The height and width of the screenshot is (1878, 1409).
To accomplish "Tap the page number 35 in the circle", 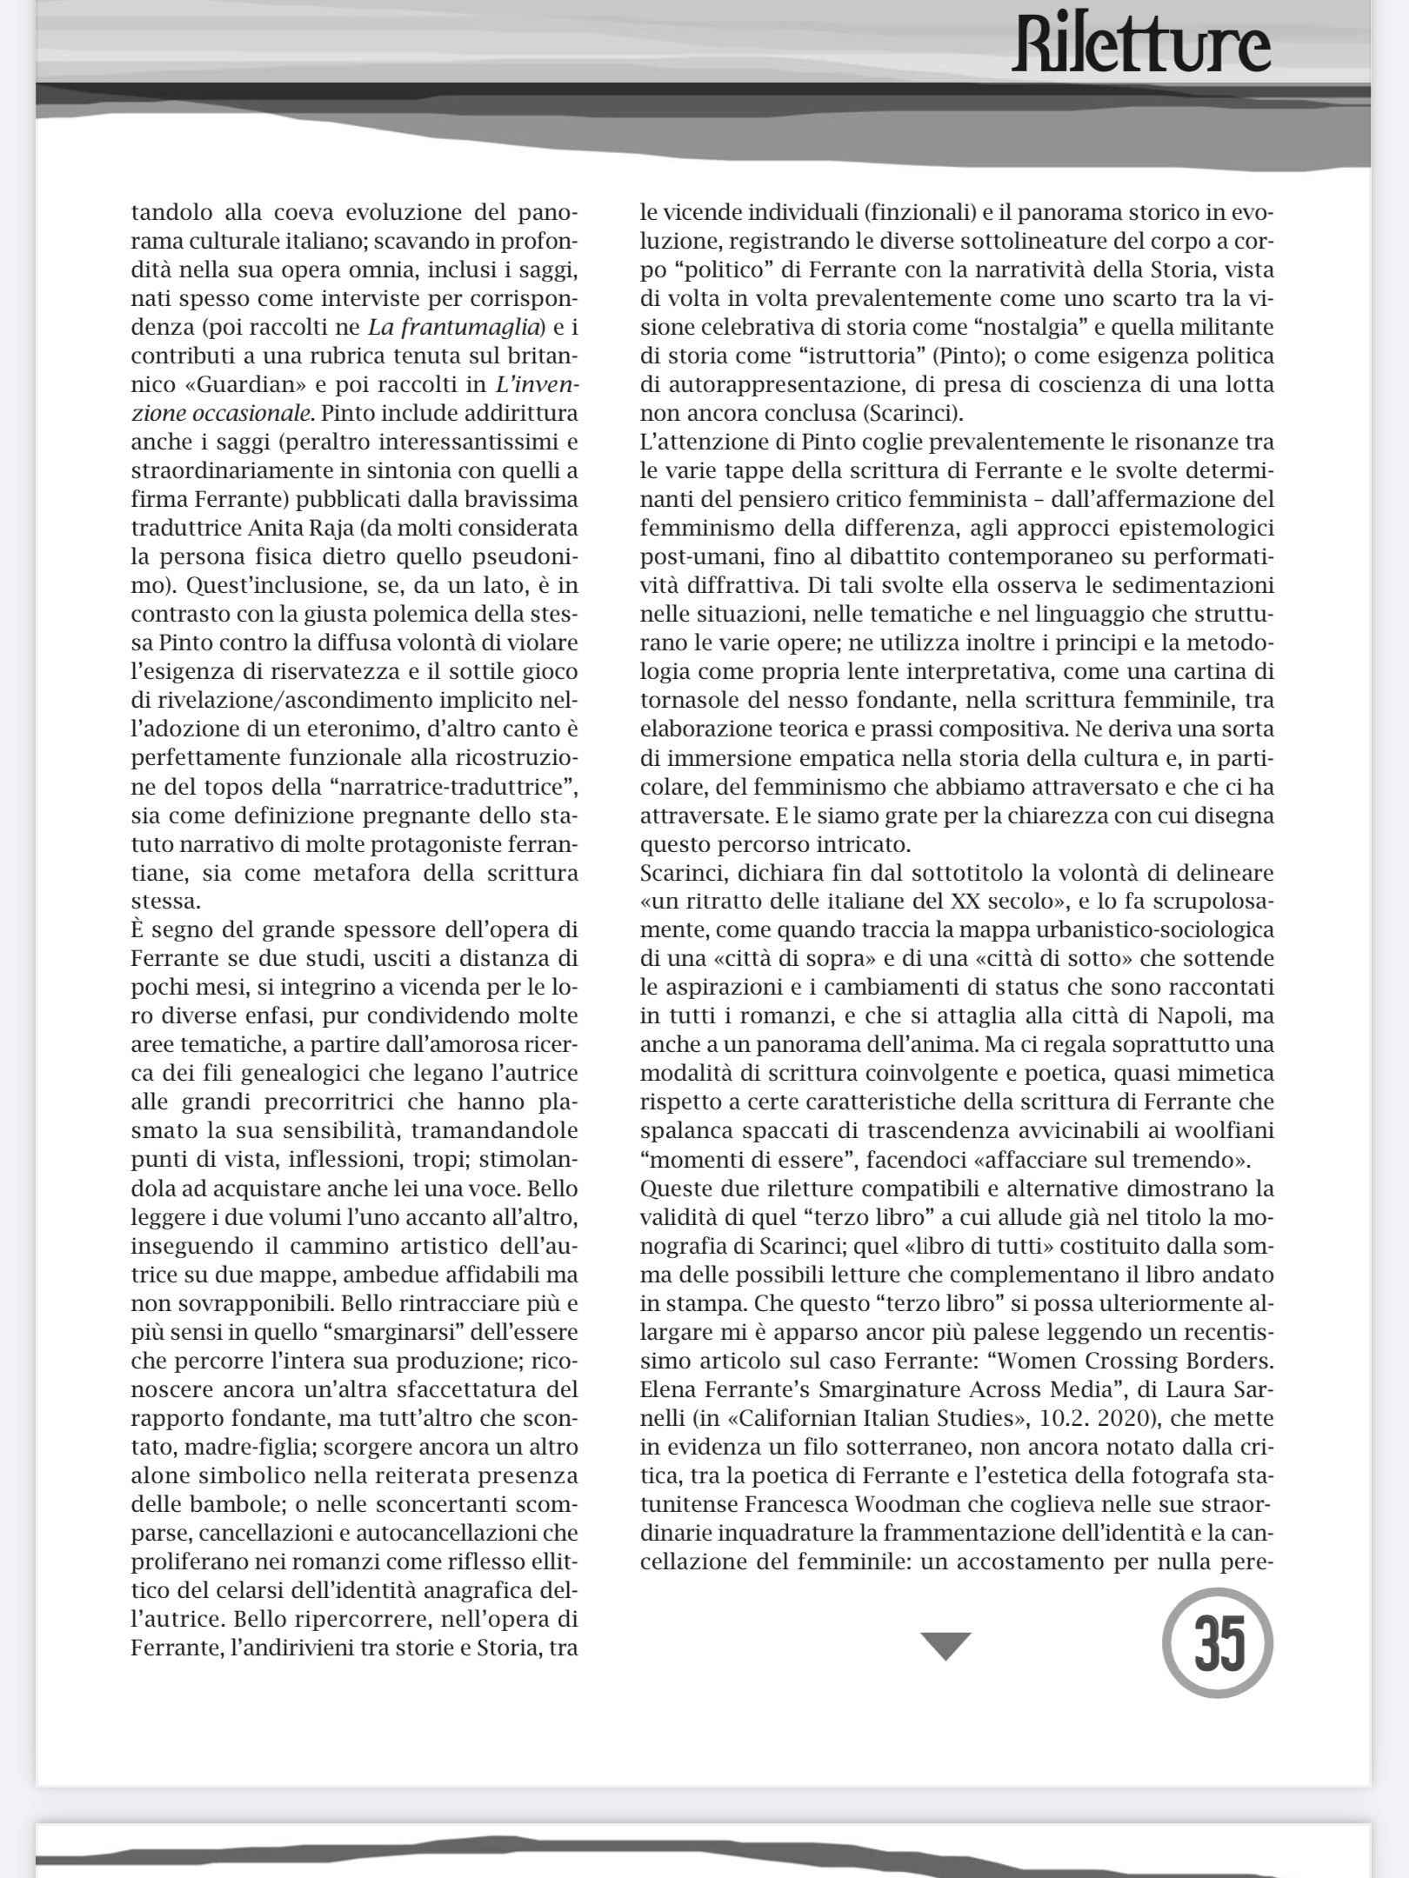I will pyautogui.click(x=1217, y=1644).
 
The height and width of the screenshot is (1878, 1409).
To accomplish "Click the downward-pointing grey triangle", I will pyautogui.click(x=945, y=1646).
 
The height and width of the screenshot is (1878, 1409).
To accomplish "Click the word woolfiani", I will pyautogui.click(x=1225, y=1131).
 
